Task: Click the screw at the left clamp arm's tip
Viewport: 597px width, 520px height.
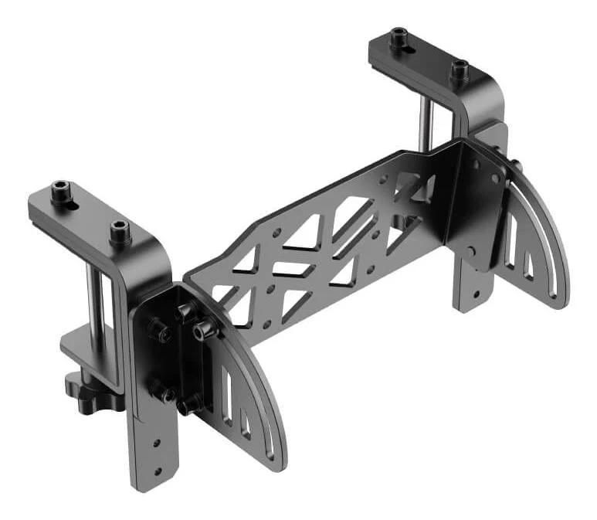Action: (61, 191)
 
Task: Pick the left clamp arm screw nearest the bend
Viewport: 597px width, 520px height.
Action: (119, 229)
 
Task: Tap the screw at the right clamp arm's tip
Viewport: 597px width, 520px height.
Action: (399, 36)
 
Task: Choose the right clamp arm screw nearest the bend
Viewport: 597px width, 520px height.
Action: (460, 71)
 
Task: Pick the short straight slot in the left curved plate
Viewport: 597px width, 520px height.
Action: (246, 425)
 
